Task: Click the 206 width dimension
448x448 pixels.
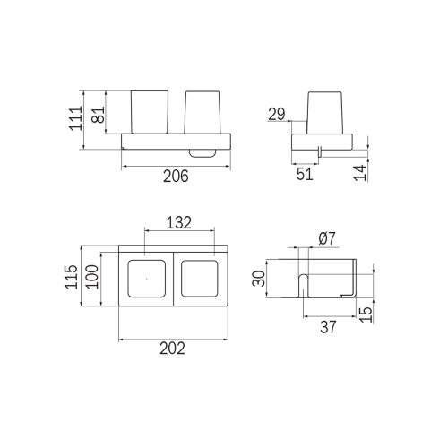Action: (x=176, y=177)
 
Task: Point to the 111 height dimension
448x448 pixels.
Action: (x=75, y=118)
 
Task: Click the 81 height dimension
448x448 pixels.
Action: (x=99, y=114)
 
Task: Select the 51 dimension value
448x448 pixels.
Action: (x=305, y=174)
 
